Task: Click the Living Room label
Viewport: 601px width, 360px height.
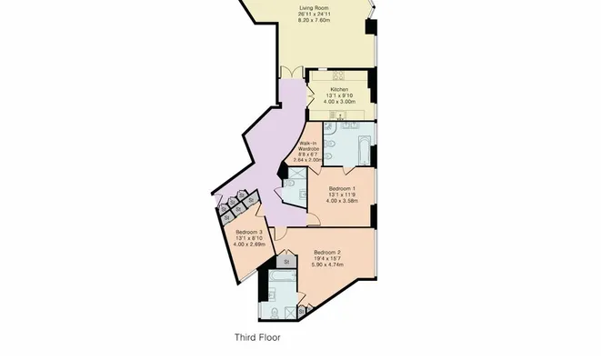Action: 315,11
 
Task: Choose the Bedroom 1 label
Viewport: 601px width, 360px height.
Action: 342,188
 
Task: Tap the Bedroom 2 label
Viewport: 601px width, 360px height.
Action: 327,252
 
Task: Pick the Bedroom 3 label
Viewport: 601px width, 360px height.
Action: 248,233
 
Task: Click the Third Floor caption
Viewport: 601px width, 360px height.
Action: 257,337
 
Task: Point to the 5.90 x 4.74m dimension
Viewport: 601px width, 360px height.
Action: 327,267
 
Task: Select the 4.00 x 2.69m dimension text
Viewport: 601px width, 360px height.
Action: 248,245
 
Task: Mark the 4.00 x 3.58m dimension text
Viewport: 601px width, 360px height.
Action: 342,202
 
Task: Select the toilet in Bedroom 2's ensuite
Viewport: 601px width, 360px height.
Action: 275,313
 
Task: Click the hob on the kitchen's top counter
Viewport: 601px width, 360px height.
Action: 337,75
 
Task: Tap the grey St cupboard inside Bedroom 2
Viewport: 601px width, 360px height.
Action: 285,262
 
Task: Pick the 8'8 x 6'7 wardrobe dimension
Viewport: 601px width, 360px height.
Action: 308,155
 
